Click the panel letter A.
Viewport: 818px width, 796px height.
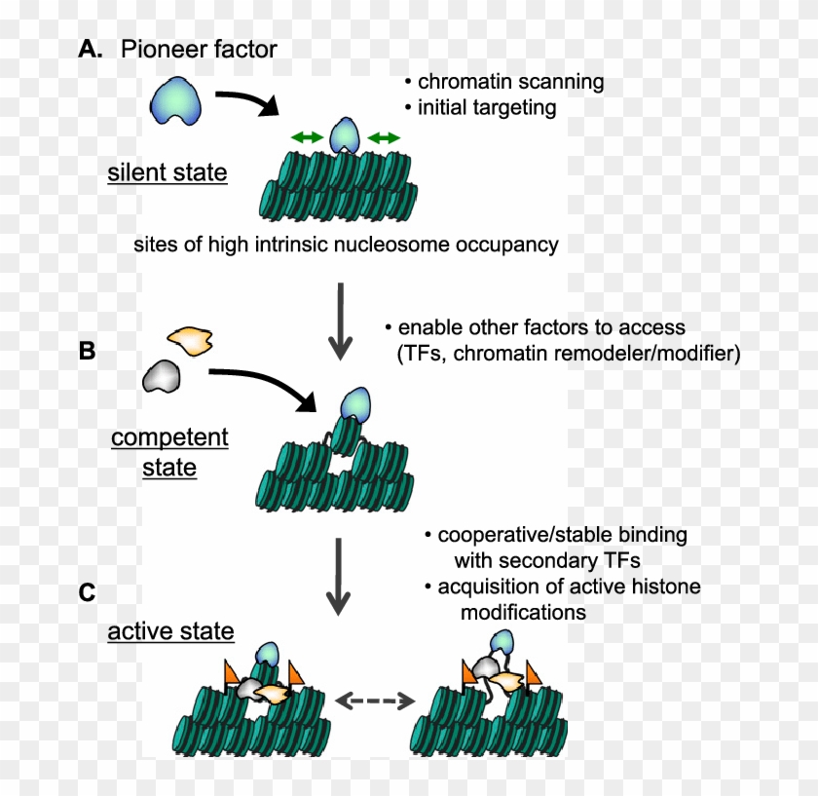(x=90, y=50)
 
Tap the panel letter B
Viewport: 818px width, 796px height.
(x=87, y=350)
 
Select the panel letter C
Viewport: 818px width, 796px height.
(x=88, y=591)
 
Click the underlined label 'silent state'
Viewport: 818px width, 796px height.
(x=167, y=173)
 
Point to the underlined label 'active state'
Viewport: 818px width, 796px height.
(x=170, y=631)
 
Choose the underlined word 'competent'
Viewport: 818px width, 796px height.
(x=169, y=437)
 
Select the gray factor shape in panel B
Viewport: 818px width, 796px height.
(x=163, y=375)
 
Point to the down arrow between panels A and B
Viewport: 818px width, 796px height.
(x=339, y=320)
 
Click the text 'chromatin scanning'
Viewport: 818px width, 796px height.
(x=510, y=82)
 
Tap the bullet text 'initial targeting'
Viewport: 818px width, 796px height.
(x=487, y=107)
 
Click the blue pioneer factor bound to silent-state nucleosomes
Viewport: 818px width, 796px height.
(x=344, y=136)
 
